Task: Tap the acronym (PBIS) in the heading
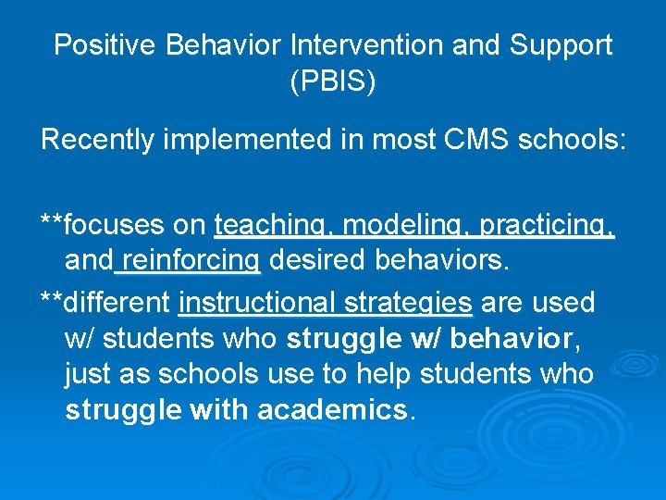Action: coord(333,82)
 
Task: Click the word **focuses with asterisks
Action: coord(101,226)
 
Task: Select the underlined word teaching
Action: coord(275,226)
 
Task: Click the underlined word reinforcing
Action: coord(190,262)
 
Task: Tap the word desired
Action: coord(317,262)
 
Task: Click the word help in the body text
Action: coord(383,375)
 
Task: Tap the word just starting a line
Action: coord(85,375)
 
